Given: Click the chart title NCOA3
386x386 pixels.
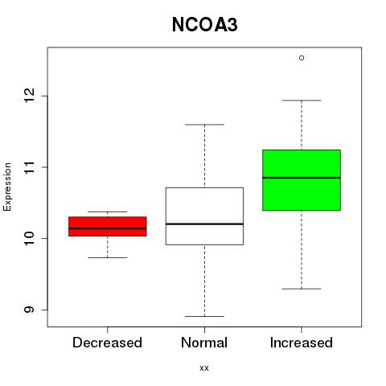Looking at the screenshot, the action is pyautogui.click(x=204, y=25).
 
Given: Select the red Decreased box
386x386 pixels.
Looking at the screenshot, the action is pyautogui.click(x=108, y=227).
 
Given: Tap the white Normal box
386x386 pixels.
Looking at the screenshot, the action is pyautogui.click(x=204, y=216).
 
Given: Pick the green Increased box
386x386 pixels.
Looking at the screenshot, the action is pyautogui.click(x=302, y=180).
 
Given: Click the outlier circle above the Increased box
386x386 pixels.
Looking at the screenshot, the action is pyautogui.click(x=302, y=58).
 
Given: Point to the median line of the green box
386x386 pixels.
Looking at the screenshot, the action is pyautogui.click(x=302, y=178).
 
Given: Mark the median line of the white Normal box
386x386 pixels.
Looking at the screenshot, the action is pyautogui.click(x=204, y=224).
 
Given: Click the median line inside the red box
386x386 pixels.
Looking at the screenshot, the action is pyautogui.click(x=108, y=228).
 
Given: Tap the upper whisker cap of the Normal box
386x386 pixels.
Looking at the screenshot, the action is pyautogui.click(x=204, y=125).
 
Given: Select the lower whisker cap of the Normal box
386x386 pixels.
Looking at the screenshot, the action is pyautogui.click(x=204, y=316).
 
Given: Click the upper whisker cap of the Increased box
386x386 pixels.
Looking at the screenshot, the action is pyautogui.click(x=302, y=101).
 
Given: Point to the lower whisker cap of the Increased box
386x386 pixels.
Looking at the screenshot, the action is pyautogui.click(x=302, y=289).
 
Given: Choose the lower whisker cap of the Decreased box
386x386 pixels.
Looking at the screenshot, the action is pyautogui.click(x=108, y=257).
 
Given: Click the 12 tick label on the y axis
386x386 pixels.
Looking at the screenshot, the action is pyautogui.click(x=29, y=96).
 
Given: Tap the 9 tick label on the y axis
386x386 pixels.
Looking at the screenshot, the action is pyautogui.click(x=29, y=310).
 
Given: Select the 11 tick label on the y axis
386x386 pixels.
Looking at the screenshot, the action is pyautogui.click(x=29, y=167).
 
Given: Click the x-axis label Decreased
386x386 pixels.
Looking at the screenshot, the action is pyautogui.click(x=107, y=343).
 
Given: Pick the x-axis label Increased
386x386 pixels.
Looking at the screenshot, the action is pyautogui.click(x=302, y=343).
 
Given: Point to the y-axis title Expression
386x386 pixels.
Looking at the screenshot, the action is pyautogui.click(x=7, y=187).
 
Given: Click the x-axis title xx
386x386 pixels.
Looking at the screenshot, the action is pyautogui.click(x=204, y=368).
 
